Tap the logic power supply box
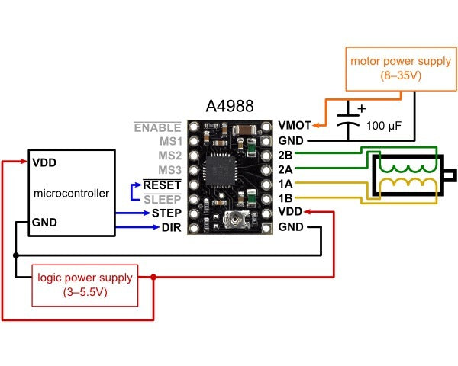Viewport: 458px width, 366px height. (x=85, y=284)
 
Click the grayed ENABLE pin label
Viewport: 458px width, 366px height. (x=158, y=127)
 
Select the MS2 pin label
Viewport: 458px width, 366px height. (x=169, y=156)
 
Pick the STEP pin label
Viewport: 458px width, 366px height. (x=166, y=213)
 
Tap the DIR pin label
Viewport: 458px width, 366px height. (x=170, y=227)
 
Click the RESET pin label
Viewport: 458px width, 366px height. (x=162, y=185)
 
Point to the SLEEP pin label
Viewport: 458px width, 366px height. (x=162, y=199)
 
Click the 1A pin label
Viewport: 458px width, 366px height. (x=287, y=185)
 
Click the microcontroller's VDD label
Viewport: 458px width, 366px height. (x=45, y=163)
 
